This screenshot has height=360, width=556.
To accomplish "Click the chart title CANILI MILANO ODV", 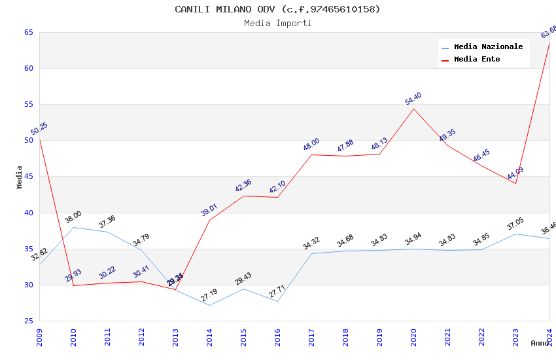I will point(277,9).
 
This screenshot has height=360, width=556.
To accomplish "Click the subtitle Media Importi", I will point(277,24).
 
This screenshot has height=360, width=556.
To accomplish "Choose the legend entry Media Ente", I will point(477,60).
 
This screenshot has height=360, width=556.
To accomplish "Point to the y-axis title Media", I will point(20,177).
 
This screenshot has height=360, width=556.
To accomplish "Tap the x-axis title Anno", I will point(540,343).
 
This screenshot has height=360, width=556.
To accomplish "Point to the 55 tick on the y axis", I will point(29,104).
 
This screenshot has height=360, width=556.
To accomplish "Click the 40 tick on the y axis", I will point(29,213).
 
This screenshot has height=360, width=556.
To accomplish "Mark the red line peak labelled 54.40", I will point(413,109).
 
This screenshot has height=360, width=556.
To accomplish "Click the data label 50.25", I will point(39,129).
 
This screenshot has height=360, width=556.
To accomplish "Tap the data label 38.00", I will point(73,217).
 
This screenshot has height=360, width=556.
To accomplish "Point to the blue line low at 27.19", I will point(209,305).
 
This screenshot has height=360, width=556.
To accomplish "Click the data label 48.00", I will point(311,145).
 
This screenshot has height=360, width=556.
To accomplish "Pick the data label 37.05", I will point(515,224).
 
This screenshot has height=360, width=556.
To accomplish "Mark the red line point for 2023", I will point(515,183).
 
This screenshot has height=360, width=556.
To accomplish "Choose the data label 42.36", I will point(243,186).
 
